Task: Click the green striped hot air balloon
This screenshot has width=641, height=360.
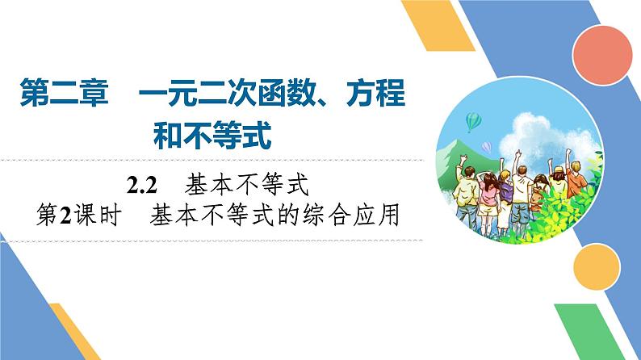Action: pyautogui.click(x=473, y=121)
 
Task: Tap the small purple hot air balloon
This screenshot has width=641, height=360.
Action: pyautogui.click(x=486, y=147)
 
